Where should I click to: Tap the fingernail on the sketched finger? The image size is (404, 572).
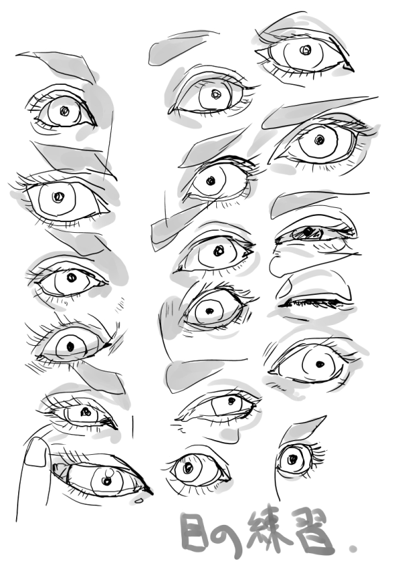pos(36,452)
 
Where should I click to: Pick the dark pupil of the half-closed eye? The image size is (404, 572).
pos(309,231)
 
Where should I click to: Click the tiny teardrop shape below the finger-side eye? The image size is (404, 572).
pos(139,501)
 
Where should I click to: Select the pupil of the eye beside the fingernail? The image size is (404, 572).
pos(106,481)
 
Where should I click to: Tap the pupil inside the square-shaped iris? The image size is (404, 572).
pos(232,401)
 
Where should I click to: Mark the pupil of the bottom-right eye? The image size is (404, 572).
pos(293,459)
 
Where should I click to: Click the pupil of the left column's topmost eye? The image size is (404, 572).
pos(65,110)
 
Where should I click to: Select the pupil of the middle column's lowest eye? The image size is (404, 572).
pos(188,468)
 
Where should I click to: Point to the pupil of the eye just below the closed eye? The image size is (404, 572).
pos(320,363)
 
